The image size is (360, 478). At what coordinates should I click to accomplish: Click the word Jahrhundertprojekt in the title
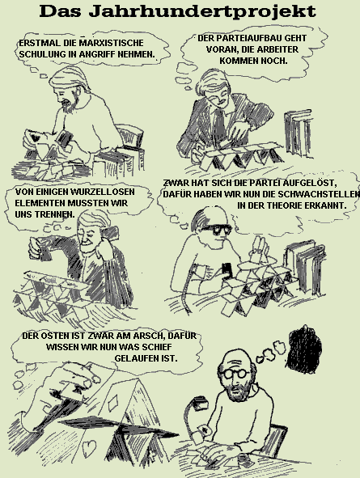[x=202, y=12]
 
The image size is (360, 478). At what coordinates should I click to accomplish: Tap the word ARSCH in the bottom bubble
[x=150, y=336]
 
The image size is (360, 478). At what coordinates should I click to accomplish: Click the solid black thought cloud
[x=304, y=349]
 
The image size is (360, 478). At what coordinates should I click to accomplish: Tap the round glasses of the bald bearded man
[x=236, y=374]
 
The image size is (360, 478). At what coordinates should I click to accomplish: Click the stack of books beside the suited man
[x=299, y=134]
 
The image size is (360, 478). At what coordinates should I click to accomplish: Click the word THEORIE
[x=286, y=205]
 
